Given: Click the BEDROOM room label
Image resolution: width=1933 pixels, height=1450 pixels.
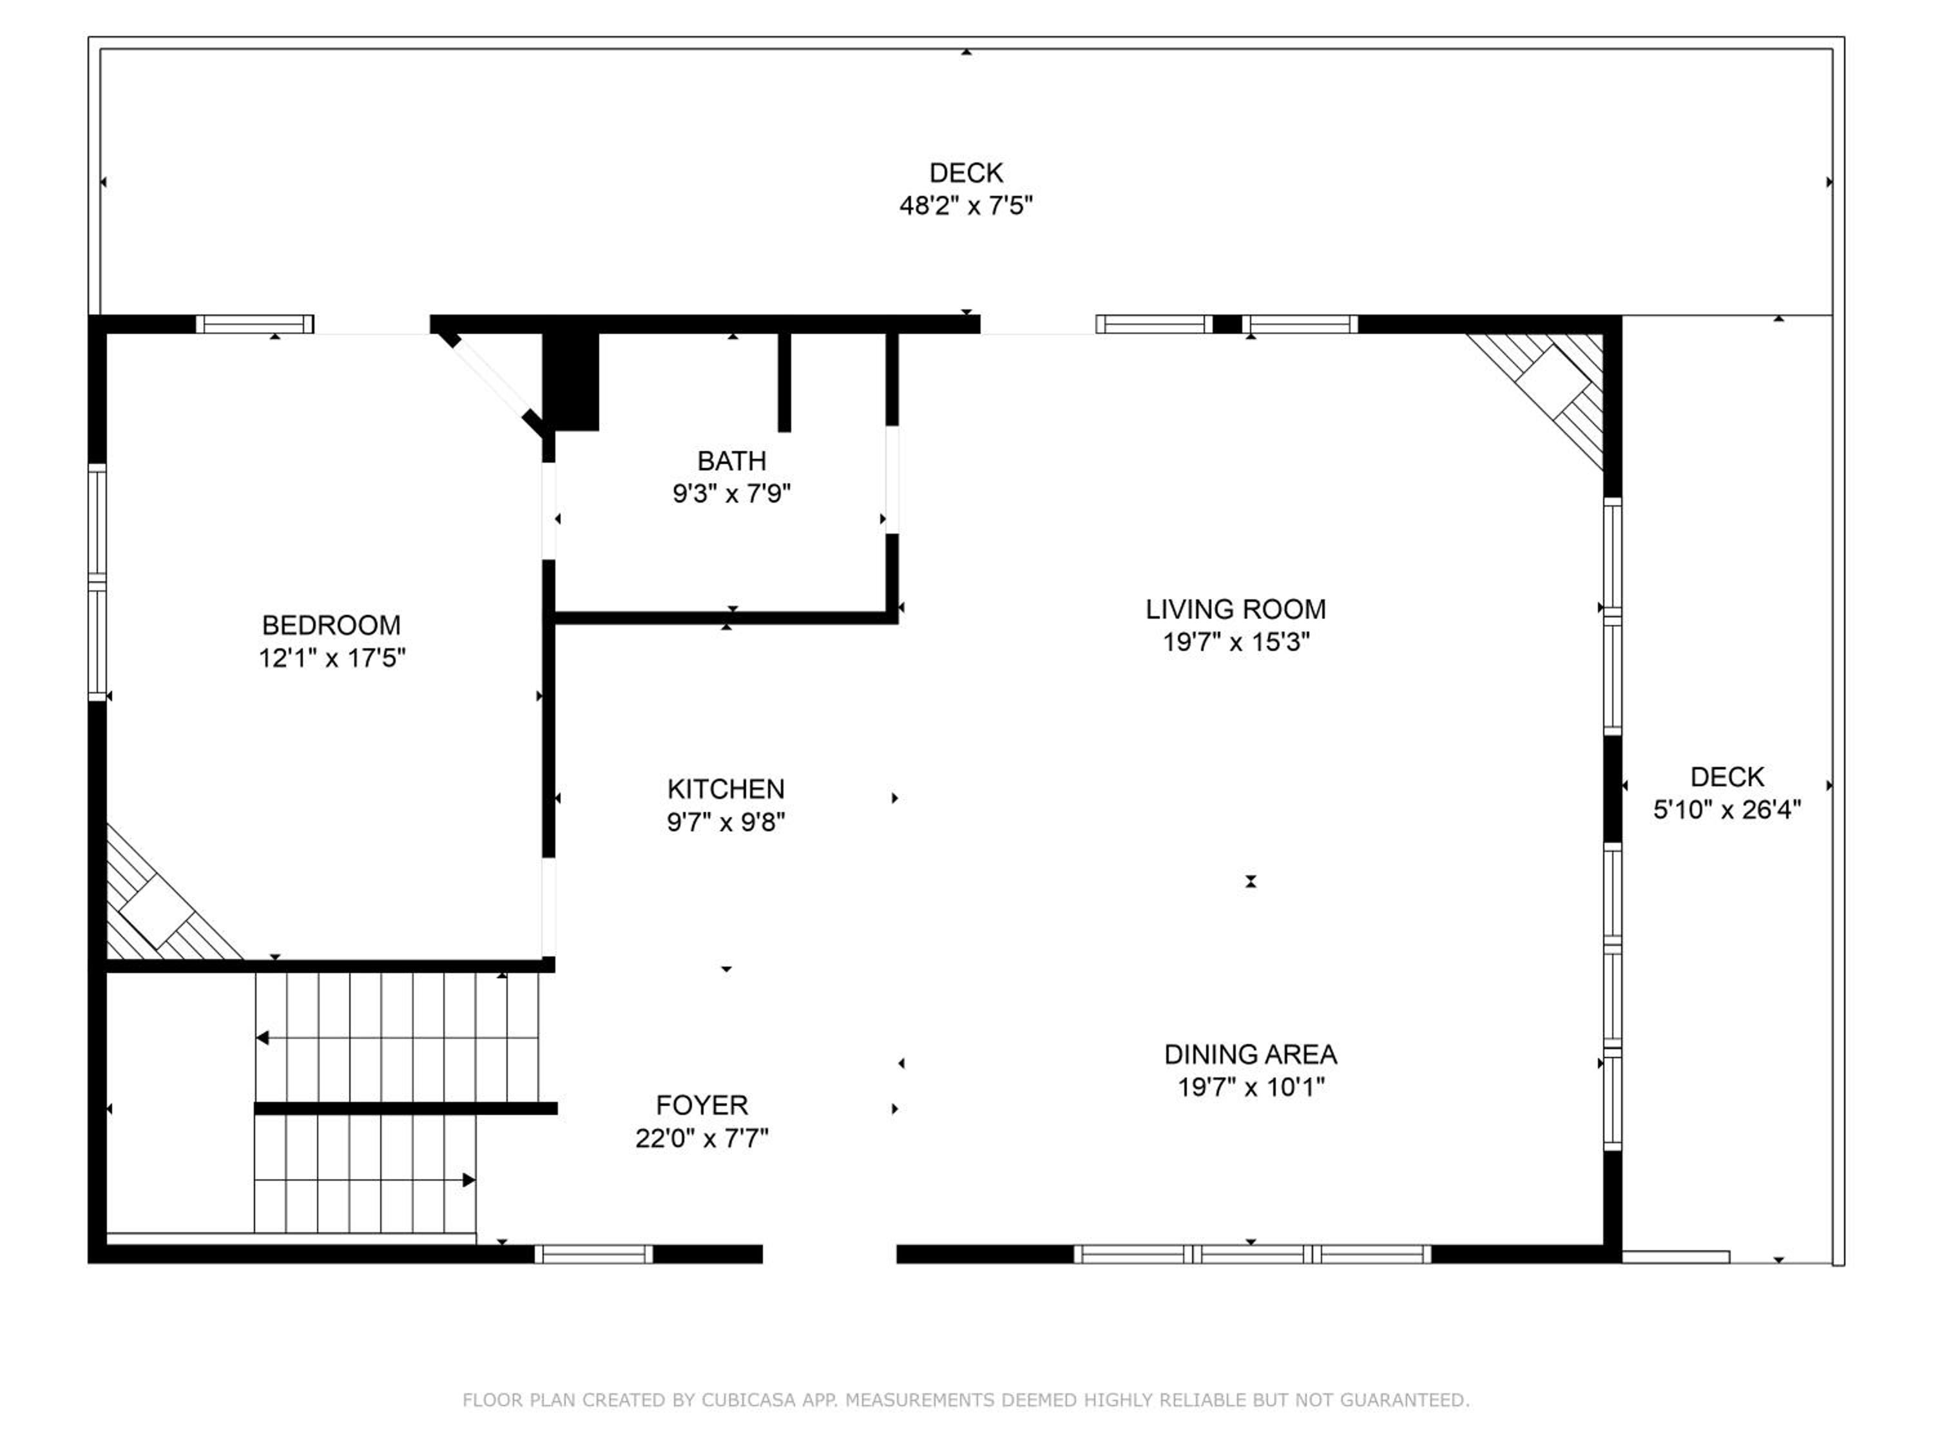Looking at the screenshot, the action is coord(331,625).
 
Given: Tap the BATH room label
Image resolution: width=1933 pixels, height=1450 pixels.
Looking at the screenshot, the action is coord(731,461).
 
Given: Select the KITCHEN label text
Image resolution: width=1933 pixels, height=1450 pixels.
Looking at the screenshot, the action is coord(726,789).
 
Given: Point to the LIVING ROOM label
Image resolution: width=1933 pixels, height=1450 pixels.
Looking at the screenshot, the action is coord(1236,609).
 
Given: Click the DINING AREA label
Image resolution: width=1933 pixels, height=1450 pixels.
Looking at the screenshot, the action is coord(1251,1054).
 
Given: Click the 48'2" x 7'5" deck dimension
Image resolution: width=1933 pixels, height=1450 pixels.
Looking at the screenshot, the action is coord(966,206).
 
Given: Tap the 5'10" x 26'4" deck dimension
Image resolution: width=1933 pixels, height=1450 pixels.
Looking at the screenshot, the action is coord(1727,809).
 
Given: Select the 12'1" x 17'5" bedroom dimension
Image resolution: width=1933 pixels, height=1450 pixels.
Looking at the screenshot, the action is coord(332,658).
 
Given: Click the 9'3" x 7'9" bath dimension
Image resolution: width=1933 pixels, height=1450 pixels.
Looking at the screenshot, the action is coord(731,494).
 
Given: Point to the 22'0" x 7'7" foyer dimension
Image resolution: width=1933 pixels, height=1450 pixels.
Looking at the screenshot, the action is coord(702,1138).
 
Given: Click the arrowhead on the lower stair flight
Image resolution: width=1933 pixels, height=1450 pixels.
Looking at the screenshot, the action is coord(469,1180).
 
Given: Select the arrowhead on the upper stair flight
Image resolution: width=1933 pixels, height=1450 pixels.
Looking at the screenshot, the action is coord(262,1038).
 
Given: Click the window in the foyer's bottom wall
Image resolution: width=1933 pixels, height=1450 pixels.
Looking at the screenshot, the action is coord(594,1254).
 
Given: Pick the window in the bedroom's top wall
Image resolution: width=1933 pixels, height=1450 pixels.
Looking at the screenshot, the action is coord(255,324).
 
